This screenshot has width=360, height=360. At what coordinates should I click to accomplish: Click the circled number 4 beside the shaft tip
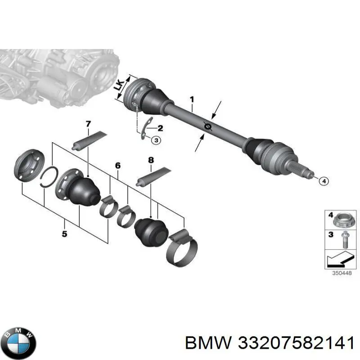click(x=323, y=181)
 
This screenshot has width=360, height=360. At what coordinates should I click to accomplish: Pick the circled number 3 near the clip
click(x=155, y=140)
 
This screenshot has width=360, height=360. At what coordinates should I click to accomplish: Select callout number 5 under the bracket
click(x=64, y=234)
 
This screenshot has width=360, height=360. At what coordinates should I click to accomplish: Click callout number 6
click(x=117, y=166)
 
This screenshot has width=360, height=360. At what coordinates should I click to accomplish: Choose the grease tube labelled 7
click(x=90, y=140)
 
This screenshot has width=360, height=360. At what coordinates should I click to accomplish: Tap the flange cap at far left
click(x=28, y=166)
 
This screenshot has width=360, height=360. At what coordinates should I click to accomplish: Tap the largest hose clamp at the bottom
click(x=181, y=250)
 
